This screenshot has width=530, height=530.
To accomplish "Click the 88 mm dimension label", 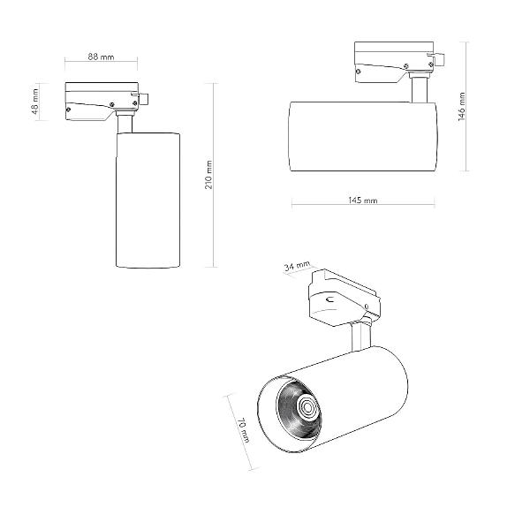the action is [101, 57].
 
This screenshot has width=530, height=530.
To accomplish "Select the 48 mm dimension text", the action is [35, 102].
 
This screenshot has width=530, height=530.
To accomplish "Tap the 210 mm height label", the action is [208, 175].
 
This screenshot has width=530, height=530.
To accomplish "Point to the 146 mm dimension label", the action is [462, 107].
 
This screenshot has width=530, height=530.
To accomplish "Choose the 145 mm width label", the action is [363, 201].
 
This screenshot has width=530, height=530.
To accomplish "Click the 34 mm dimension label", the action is [297, 266].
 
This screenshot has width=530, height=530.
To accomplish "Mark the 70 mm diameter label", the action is [243, 430].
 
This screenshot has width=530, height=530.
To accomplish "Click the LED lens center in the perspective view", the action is [308, 407].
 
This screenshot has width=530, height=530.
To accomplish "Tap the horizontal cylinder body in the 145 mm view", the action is [363, 136].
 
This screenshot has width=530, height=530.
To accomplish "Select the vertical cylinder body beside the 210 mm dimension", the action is [148, 201].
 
